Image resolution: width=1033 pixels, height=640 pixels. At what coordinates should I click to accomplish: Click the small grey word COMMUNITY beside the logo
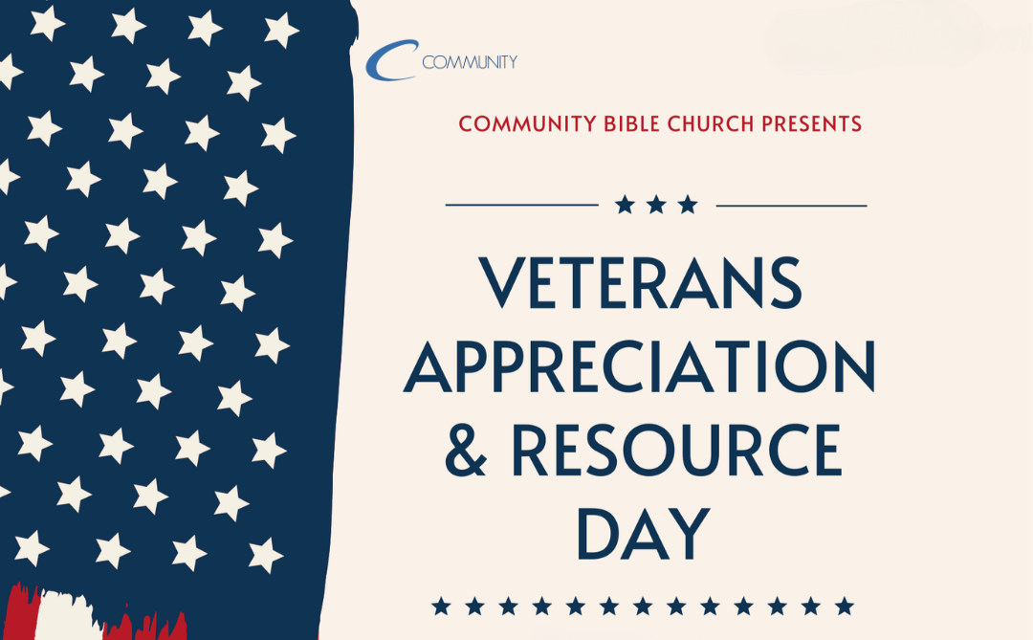coord(469,62)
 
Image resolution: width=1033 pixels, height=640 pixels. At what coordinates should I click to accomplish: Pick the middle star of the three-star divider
coord(656,205)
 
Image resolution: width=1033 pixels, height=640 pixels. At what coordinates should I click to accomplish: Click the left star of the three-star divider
coord(625,205)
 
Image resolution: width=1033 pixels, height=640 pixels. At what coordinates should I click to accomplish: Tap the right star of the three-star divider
coord(688,205)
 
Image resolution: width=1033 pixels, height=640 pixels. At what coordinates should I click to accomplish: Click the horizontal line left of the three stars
coord(522,205)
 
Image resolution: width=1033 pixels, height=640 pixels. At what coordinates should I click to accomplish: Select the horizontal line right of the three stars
coord(791,206)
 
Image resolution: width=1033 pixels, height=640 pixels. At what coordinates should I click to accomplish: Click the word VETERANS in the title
coord(640,283)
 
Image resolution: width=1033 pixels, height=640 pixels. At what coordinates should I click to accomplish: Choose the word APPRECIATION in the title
coord(640,366)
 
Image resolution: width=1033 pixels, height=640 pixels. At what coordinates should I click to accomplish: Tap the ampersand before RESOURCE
coord(466,451)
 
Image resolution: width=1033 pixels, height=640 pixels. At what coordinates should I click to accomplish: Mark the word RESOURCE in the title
coord(677,451)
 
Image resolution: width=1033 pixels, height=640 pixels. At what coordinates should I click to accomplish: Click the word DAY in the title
coord(644,534)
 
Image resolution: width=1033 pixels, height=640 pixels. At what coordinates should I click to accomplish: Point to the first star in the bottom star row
coord(441,606)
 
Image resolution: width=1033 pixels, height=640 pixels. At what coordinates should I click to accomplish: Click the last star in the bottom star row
coord(845,606)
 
